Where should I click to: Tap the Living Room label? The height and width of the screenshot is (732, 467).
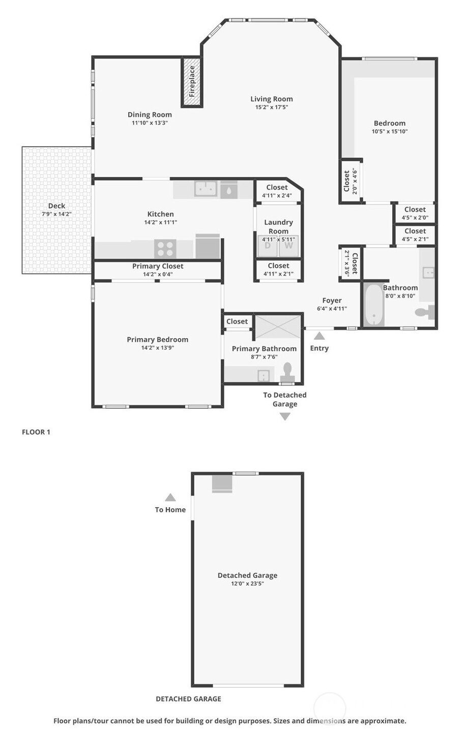271,99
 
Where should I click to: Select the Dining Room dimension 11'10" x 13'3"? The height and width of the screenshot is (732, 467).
150,123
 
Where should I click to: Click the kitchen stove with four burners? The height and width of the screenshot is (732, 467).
165,249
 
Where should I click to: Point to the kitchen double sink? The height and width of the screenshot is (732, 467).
206,188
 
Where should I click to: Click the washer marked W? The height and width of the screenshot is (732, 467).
288,246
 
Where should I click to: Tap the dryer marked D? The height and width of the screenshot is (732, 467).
268,246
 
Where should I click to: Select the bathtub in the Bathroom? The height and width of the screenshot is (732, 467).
374,305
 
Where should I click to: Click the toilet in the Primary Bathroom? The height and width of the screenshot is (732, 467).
287,372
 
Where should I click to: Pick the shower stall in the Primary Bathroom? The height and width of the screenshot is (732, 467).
278,327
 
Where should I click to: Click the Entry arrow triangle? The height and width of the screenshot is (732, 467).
319,336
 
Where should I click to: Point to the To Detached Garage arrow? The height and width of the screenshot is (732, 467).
285,417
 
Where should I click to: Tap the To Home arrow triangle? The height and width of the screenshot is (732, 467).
170,497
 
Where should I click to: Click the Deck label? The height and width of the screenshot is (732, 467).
56,206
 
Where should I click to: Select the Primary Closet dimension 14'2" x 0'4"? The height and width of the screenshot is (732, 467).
158,275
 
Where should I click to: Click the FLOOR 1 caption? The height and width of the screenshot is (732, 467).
36,432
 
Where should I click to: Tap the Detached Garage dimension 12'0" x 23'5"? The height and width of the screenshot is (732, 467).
247,584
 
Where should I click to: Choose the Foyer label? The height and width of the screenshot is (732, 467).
332,301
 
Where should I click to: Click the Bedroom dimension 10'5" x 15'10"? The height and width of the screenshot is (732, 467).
390,132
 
